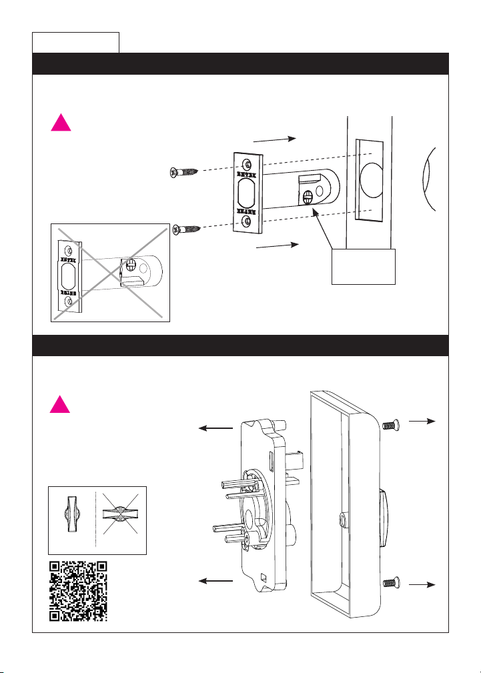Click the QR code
[79, 590]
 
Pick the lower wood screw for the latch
[187, 229]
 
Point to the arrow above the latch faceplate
[275, 139]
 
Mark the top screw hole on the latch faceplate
[248, 164]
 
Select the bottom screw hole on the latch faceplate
[248, 221]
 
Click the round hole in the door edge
[368, 179]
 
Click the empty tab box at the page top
[76, 41]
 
